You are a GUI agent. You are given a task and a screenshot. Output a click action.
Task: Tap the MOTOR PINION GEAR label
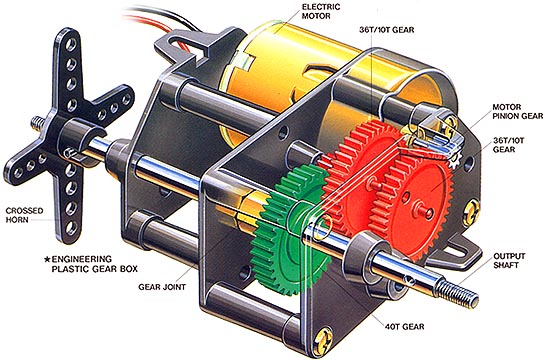click(517, 112)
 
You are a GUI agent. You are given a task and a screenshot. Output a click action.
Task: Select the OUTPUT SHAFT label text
click(509, 261)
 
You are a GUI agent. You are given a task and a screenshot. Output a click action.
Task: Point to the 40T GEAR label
click(404, 327)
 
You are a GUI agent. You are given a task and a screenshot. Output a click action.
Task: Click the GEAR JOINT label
click(162, 287)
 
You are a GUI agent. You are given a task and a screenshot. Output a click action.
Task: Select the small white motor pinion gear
click(454, 158)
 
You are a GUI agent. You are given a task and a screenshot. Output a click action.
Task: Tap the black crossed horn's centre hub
click(78, 138)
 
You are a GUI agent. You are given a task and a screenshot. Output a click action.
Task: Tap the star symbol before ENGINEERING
click(47, 259)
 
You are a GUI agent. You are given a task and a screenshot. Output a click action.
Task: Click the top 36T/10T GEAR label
click(387, 30)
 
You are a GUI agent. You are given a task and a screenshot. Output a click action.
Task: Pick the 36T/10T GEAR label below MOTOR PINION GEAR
click(508, 145)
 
